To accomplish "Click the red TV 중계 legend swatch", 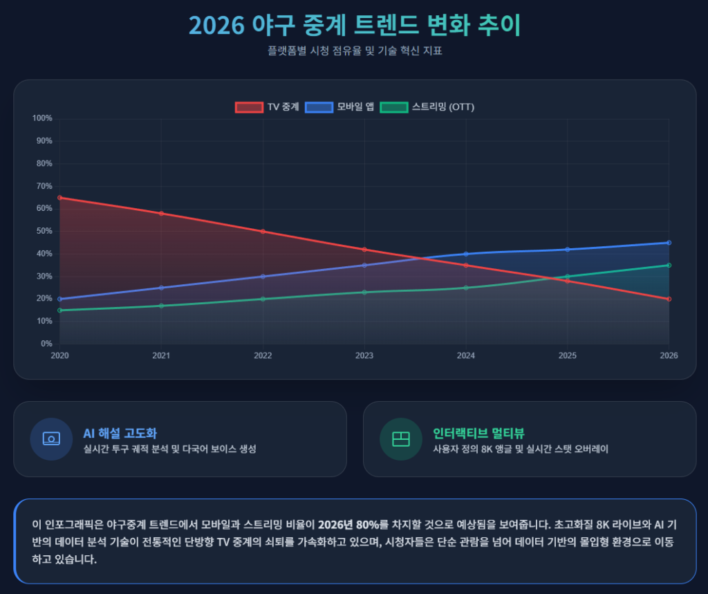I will point(249,107).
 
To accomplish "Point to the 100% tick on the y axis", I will point(43,118).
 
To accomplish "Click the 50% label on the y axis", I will point(44,231).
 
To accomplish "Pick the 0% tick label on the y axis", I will point(46,344).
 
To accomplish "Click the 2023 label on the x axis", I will point(364,355).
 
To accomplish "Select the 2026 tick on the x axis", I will point(669,355).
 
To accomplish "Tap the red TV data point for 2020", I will point(59,198).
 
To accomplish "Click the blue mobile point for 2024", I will point(466,254).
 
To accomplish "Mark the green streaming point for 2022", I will point(263,299).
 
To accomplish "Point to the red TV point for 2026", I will point(669,299).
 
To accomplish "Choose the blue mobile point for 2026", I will point(669,243).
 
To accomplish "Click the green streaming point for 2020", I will point(59,310).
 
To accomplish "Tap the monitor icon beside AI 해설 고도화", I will point(51,438).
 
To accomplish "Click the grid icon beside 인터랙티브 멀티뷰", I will point(401,438).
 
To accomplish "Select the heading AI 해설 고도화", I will point(120,434).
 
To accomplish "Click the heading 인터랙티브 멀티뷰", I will point(478,434).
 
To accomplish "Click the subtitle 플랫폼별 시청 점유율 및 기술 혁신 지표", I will point(354,51).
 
